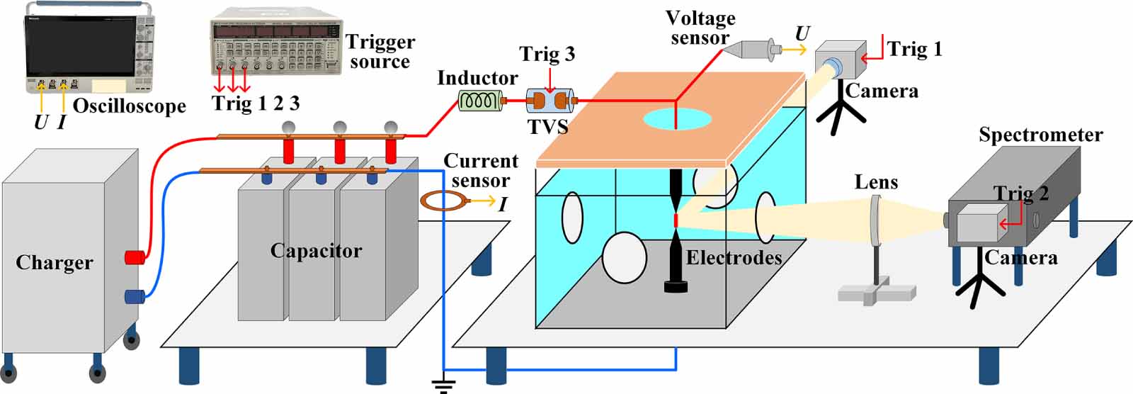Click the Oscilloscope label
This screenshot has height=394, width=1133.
pos(130,106)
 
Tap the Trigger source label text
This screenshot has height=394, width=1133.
pos(380,52)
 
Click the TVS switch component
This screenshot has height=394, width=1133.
pos(549,101)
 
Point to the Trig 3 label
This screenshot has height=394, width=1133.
pos(547,55)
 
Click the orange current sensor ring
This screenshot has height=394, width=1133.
pos(443,202)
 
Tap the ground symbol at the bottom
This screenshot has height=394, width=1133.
pos(443,386)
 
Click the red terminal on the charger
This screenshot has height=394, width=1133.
pos(135,257)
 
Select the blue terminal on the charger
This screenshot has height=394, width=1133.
pos(135,296)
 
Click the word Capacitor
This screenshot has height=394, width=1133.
pos(316,251)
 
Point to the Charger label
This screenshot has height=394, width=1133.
pos(55,263)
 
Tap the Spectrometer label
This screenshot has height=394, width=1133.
pos(1040,135)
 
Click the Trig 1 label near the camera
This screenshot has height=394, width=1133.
pos(915,49)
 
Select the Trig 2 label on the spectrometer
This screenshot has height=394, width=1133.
pos(1021,193)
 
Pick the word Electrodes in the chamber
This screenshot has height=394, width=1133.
pos(734,257)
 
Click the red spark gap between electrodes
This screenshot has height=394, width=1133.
pos(676,220)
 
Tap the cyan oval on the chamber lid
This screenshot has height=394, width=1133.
pos(677,118)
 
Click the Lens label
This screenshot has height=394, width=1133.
pos(876,182)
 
